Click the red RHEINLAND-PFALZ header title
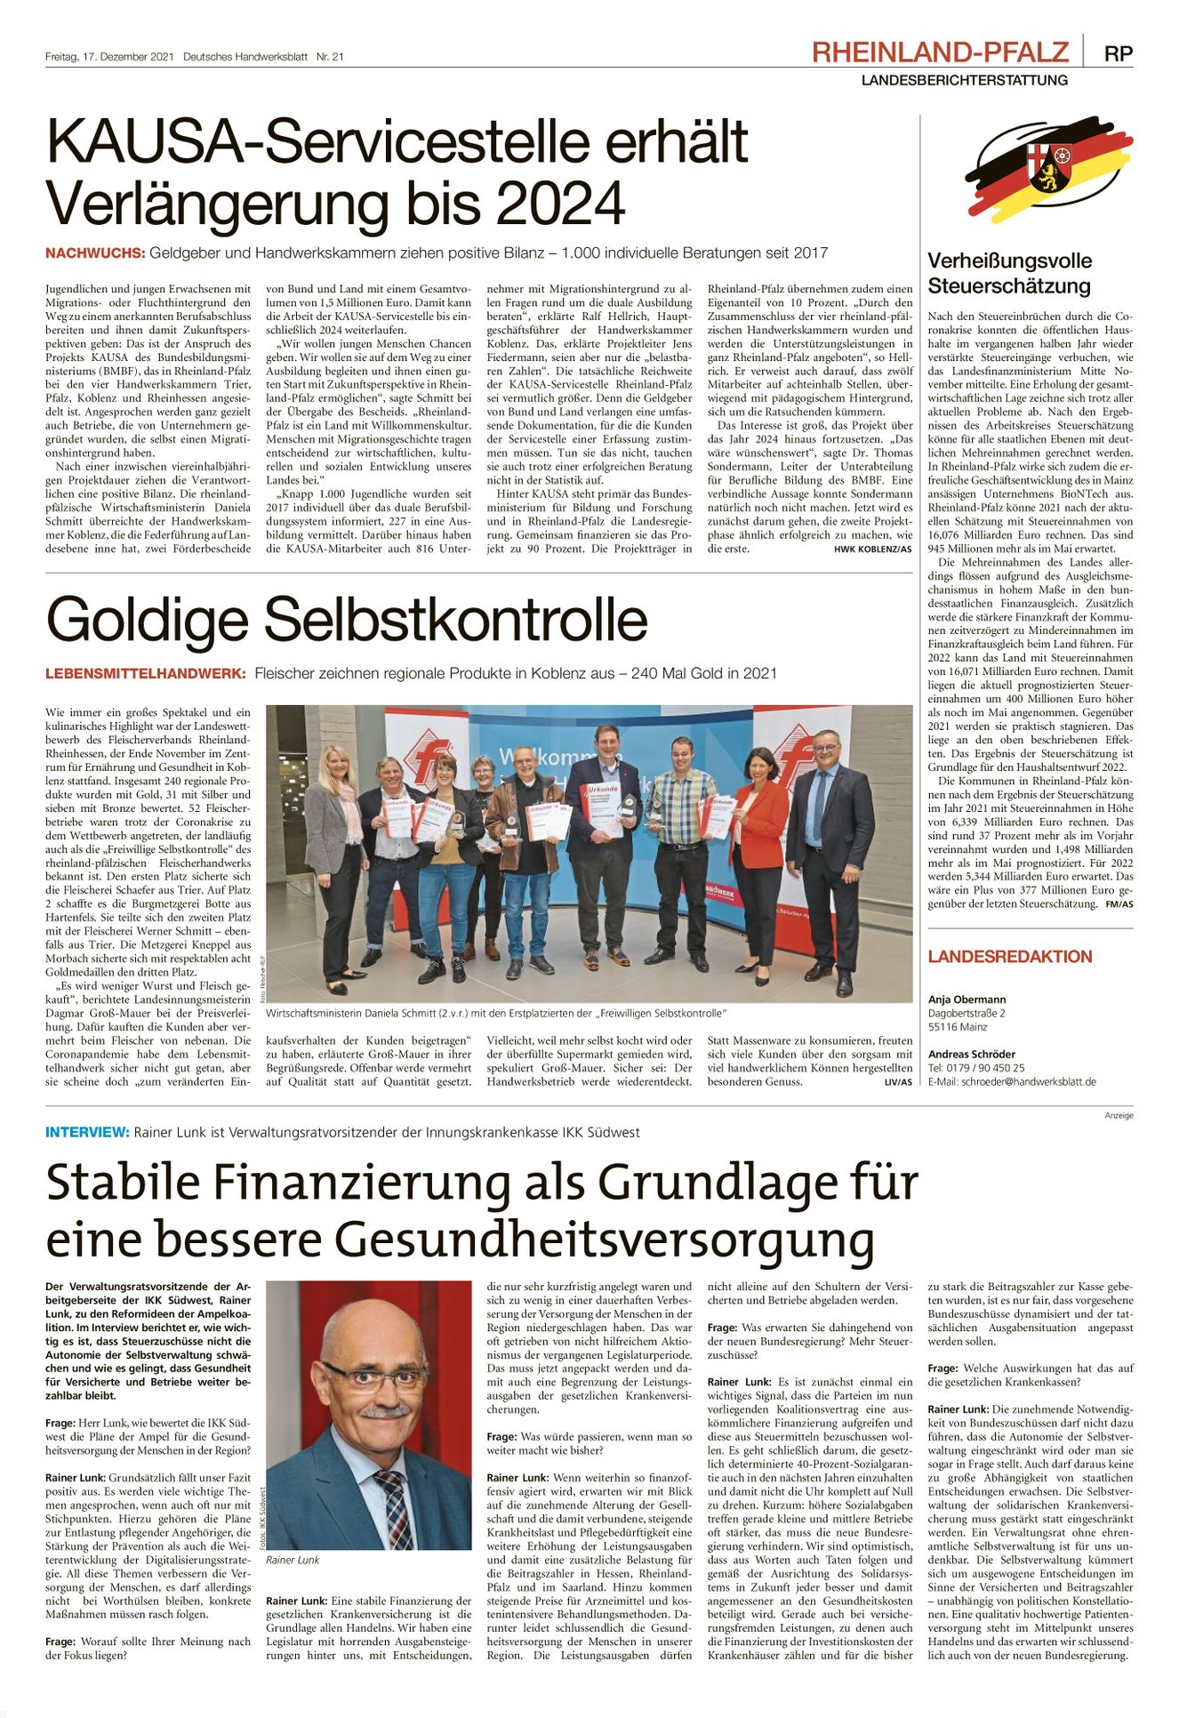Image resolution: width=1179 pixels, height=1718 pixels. [940, 52]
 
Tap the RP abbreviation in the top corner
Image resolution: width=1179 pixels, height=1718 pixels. [1119, 53]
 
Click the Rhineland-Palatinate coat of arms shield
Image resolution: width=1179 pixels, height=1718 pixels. [1050, 166]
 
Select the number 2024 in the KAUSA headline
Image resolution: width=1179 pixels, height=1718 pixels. [560, 204]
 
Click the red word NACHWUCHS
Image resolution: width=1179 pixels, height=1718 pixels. [95, 253]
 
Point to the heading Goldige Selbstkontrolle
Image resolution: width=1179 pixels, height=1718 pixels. [347, 620]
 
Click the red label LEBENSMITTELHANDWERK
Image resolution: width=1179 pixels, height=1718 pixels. [145, 674]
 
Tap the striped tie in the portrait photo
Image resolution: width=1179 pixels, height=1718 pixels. [390, 1508]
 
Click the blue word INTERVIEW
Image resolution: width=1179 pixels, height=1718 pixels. [87, 1132]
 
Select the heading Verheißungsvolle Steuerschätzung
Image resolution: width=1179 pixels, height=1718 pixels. [1009, 273]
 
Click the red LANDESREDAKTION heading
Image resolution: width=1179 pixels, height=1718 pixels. [1009, 957]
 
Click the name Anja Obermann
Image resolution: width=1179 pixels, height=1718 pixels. [966, 999]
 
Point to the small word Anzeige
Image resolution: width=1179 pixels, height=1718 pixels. [1119, 1115]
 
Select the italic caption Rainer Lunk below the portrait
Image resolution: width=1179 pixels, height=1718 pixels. [293, 1560]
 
